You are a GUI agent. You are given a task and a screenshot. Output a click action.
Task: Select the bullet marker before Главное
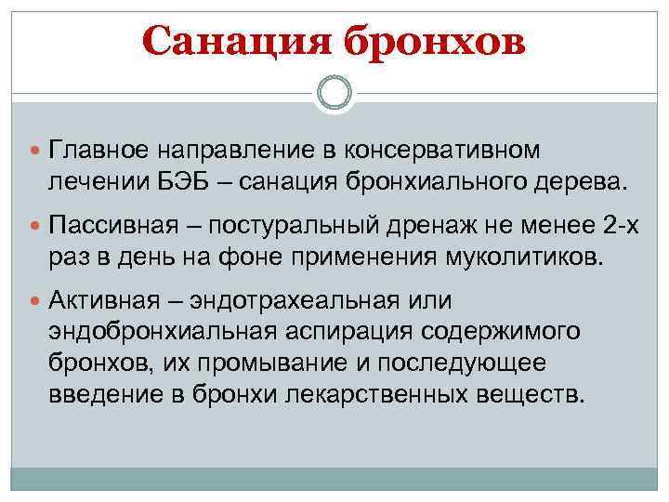point(35,150)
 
